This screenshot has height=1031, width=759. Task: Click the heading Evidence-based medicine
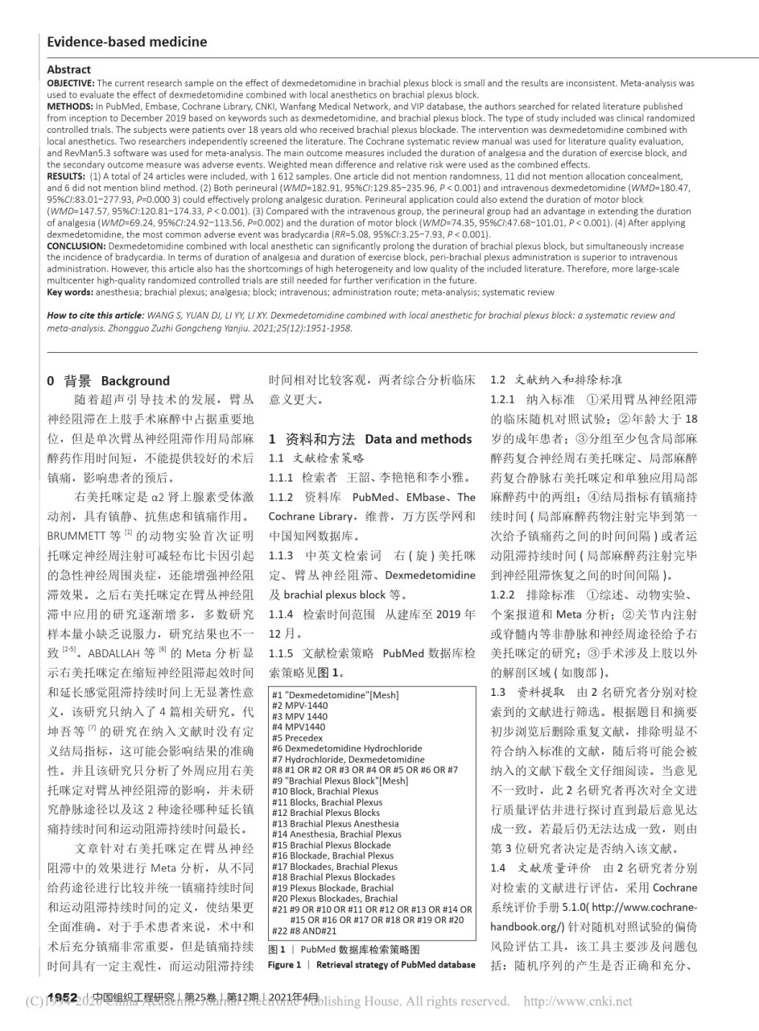point(127,42)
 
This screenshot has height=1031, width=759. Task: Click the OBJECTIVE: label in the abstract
point(71,83)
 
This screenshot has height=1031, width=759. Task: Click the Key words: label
point(71,292)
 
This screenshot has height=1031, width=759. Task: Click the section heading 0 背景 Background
point(109,381)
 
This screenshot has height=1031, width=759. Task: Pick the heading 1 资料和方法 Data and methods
point(369,439)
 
